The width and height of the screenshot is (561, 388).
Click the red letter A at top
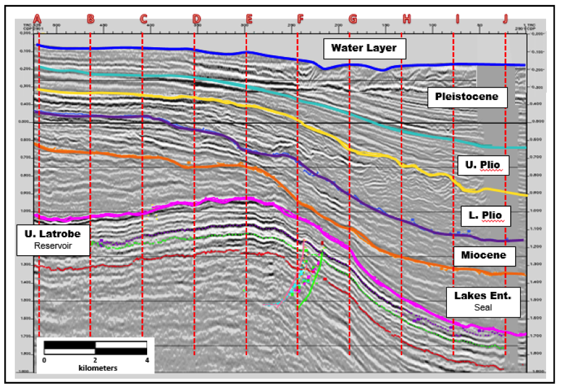coord(38,18)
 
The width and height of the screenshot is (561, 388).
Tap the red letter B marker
coord(91,18)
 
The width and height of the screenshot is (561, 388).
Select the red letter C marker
coord(143,18)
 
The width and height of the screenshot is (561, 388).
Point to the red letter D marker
coord(196,18)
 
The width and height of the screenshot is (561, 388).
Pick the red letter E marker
coord(249,18)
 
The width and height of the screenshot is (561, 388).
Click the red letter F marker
coord(300,18)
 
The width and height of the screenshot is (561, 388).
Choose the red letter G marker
coord(352,18)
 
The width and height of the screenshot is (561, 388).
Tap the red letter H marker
coord(406,18)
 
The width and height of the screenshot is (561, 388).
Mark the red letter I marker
coord(457,18)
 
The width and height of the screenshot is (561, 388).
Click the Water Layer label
coord(364,48)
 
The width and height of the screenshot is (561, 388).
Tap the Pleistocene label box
coord(467,97)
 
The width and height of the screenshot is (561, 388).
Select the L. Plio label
coord(487,215)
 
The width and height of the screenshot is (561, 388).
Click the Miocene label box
coord(483,255)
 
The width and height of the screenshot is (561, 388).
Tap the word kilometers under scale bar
coord(97,368)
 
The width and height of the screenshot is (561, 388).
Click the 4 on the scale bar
coord(148,360)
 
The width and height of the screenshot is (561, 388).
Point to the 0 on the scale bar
coord(44,360)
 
